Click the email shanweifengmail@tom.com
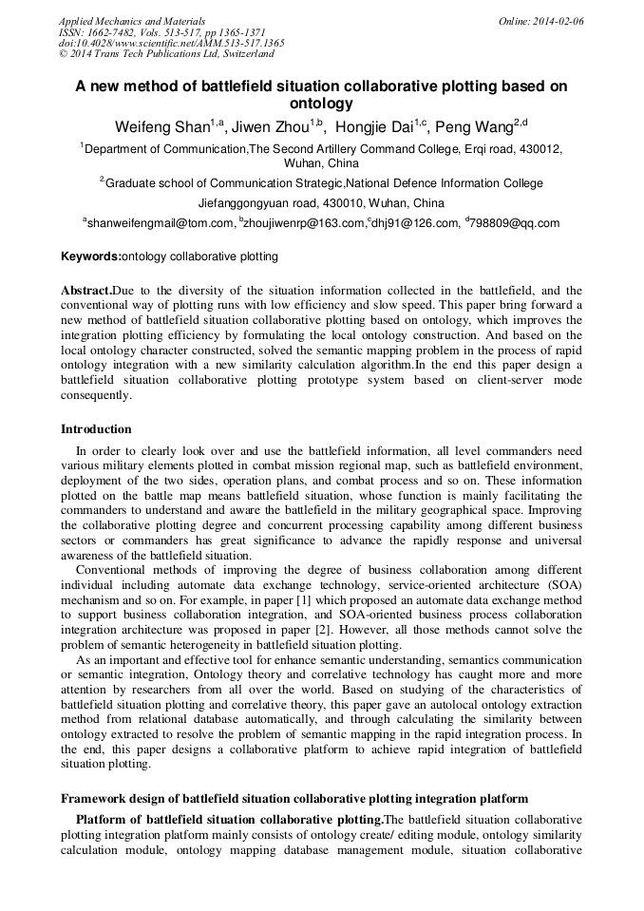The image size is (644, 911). pos(161,223)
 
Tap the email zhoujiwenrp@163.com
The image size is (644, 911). pos(304,223)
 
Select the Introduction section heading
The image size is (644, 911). pos(96,429)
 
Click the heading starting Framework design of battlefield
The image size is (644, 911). pos(294,800)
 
